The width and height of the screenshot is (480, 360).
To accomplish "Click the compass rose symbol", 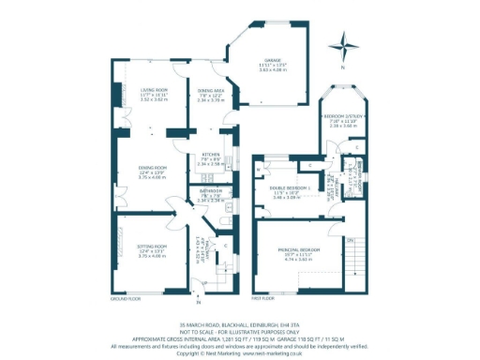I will click(x=348, y=43).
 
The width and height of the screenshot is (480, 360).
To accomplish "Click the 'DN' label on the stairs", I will click(x=350, y=239).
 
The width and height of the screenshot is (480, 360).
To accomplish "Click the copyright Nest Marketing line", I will click(x=240, y=352).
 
